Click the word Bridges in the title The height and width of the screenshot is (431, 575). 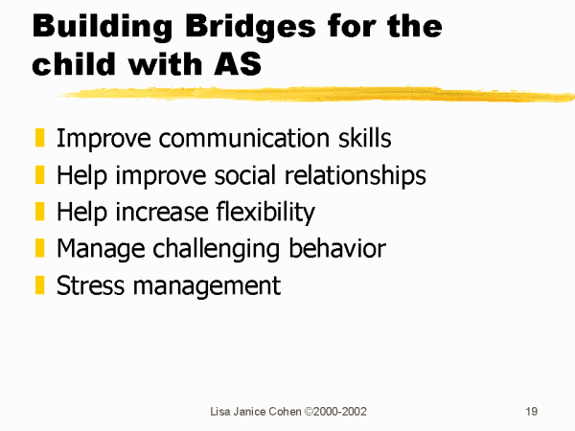pyautogui.click(x=250, y=27)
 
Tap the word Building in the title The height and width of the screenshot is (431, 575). pyautogui.click(x=103, y=27)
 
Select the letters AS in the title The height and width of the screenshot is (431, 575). pyautogui.click(x=238, y=63)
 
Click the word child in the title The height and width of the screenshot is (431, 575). pyautogui.click(x=74, y=63)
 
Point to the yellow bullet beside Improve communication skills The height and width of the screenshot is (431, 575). pyautogui.click(x=39, y=137)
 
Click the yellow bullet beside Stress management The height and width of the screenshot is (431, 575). pyautogui.click(x=39, y=284)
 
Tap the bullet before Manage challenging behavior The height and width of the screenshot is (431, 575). pyautogui.click(x=39, y=248)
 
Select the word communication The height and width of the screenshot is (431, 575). pyautogui.click(x=244, y=138)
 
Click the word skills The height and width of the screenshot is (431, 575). pyautogui.click(x=364, y=138)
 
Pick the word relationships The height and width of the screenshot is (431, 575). pyautogui.click(x=356, y=176)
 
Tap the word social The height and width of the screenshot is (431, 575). pyautogui.click(x=244, y=175)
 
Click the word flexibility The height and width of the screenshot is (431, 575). pyautogui.click(x=265, y=213)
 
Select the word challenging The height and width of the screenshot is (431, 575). pyautogui.click(x=216, y=250)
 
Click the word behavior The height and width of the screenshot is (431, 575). pyautogui.click(x=337, y=248)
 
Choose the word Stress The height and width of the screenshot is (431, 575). pyautogui.click(x=90, y=285)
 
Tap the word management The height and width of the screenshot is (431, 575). pyautogui.click(x=207, y=286)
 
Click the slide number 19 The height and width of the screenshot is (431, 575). pyautogui.click(x=532, y=411)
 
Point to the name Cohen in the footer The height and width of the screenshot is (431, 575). pyautogui.click(x=285, y=412)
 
